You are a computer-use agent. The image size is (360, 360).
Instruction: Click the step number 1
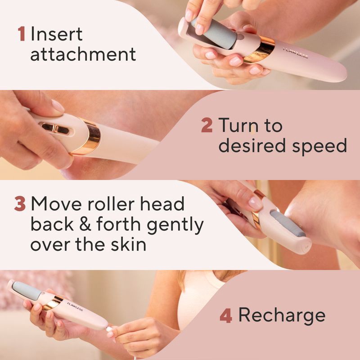coord(21,34)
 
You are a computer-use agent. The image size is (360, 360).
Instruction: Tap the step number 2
coord(207,125)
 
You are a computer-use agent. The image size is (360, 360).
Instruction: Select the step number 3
coord(20,204)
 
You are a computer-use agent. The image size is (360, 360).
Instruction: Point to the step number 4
coord(225,315)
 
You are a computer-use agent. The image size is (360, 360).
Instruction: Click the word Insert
coord(57,34)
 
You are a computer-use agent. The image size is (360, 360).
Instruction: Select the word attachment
coord(83,54)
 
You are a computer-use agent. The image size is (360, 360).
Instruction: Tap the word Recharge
coord(282,315)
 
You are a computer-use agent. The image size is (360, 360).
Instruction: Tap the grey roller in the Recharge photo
coord(27,290)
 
